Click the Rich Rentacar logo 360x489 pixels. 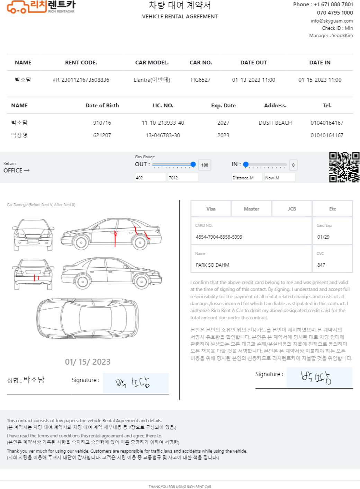41,7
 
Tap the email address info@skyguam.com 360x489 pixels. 331,21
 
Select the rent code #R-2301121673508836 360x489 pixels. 81,80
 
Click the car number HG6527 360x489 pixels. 200,80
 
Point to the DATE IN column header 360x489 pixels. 319,63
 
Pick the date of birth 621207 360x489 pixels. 102,135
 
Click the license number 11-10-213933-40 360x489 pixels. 163,123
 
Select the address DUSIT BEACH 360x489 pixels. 275,123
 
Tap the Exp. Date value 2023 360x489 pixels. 223,135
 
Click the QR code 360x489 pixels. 344,167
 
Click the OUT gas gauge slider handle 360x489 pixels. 193,164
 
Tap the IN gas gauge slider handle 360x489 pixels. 246,164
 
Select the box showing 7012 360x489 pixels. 183,177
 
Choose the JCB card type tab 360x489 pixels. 291,209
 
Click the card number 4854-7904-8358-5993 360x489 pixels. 219,237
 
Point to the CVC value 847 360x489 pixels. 321,265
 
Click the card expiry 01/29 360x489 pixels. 323,237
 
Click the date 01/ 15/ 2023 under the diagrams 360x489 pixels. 88,362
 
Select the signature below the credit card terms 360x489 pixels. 316,378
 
